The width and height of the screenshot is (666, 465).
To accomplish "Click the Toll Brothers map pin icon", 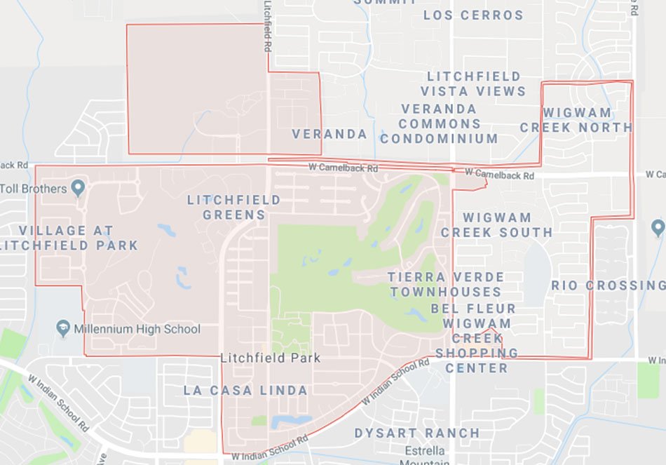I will pyautogui.click(x=78, y=188).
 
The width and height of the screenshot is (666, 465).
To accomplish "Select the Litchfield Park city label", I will pyautogui.click(x=270, y=358).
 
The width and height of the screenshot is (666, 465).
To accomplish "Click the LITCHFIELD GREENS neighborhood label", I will pyautogui.click(x=233, y=208).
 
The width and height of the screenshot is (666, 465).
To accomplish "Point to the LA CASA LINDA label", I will pyautogui.click(x=245, y=390).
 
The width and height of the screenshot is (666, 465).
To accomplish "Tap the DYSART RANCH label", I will pyautogui.click(x=417, y=433).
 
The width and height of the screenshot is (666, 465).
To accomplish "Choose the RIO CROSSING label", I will pyautogui.click(x=608, y=285).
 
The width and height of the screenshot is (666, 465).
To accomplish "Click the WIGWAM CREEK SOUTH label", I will pyautogui.click(x=496, y=224).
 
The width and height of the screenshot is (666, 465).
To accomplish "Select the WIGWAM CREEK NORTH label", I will pyautogui.click(x=576, y=120).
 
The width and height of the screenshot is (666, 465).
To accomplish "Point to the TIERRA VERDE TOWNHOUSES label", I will pyautogui.click(x=447, y=284).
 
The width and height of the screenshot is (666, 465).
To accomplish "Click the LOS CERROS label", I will pyautogui.click(x=473, y=15).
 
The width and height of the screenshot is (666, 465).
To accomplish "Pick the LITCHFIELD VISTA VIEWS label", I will pyautogui.click(x=473, y=83).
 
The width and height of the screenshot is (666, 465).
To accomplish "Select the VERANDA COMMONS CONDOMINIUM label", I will pyautogui.click(x=439, y=123).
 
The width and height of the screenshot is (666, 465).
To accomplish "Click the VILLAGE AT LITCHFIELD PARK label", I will pyautogui.click(x=68, y=238).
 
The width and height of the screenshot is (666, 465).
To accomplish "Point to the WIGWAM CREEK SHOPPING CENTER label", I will pyautogui.click(x=475, y=353).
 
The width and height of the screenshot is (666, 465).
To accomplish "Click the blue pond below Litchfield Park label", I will pyautogui.click(x=291, y=420).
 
